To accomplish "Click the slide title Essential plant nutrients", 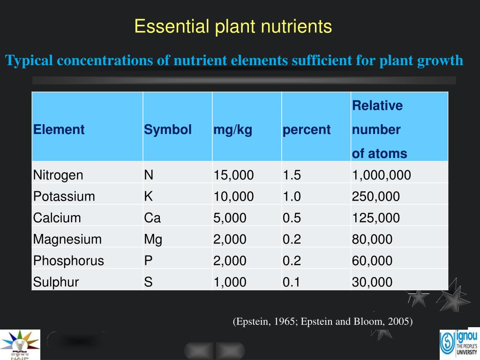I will tap(233, 26).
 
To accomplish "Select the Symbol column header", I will tap(168, 130).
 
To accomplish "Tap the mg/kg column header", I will tap(233, 130).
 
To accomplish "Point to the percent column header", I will tap(307, 130).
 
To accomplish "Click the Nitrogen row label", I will tap(58, 175).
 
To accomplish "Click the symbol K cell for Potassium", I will tap(149, 196).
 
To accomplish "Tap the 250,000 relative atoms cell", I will tap(376, 196).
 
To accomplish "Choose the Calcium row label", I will tap(57, 218).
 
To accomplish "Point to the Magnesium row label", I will tap(67, 240).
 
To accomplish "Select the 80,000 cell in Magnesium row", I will tap(372, 240).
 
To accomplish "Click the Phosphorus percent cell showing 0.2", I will tap(292, 261).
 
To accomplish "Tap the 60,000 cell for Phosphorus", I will tap(372, 261).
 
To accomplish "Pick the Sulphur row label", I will tap(56, 282).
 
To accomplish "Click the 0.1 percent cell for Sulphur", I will tap(292, 282).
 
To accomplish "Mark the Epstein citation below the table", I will tap(322, 322).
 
